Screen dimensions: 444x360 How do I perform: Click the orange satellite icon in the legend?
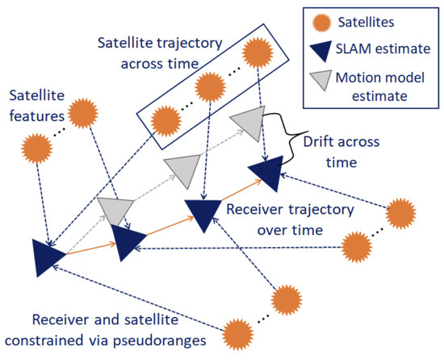click(x=321, y=23)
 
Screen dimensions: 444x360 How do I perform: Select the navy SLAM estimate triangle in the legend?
click(x=321, y=50)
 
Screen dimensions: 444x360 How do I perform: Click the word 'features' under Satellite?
click(x=37, y=116)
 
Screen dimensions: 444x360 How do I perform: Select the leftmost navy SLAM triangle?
click(x=47, y=257)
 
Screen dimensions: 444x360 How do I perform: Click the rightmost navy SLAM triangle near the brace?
click(x=267, y=173)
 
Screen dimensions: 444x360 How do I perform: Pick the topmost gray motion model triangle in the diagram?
click(x=250, y=123)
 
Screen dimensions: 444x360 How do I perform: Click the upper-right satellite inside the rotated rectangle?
click(x=258, y=52)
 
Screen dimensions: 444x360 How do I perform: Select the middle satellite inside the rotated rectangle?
click(x=210, y=87)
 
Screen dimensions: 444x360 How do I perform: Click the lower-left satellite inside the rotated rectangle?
click(x=165, y=121)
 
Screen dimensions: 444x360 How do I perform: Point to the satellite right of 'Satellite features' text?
click(x=83, y=113)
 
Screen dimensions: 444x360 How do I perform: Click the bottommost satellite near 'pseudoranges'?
click(x=237, y=335)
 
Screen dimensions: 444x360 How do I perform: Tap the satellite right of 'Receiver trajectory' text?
click(x=400, y=213)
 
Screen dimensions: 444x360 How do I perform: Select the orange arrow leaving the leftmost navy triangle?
click(x=91, y=249)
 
